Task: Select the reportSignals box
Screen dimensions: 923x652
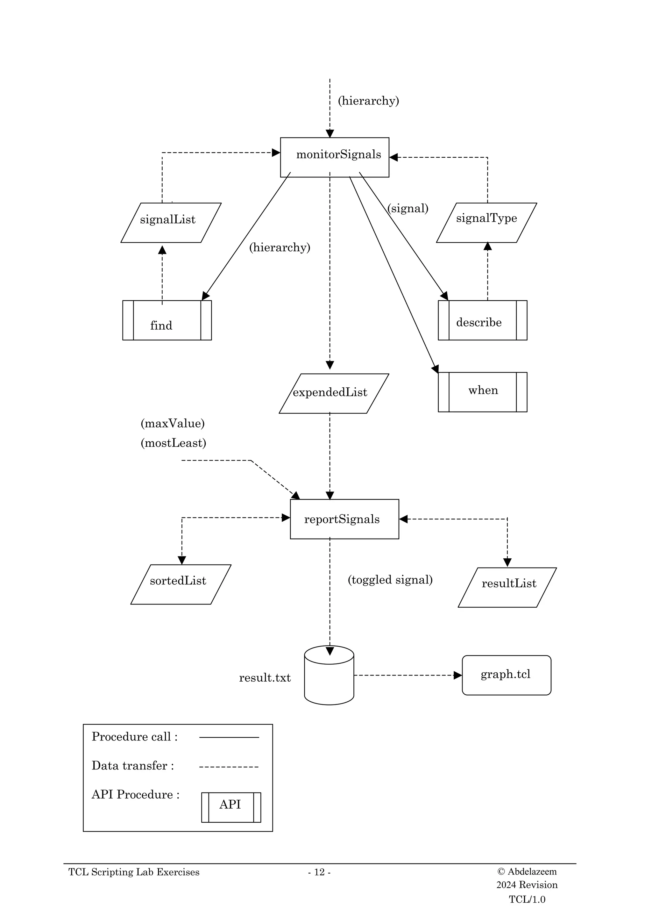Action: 344,519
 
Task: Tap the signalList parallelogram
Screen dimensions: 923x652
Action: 170,222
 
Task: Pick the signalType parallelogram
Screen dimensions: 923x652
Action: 486,222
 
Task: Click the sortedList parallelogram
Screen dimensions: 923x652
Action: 181,584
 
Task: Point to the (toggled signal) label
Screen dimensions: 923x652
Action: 390,580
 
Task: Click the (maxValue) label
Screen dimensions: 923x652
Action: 172,423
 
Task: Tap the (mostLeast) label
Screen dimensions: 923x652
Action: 173,443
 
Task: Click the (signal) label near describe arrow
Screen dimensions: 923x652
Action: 408,208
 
